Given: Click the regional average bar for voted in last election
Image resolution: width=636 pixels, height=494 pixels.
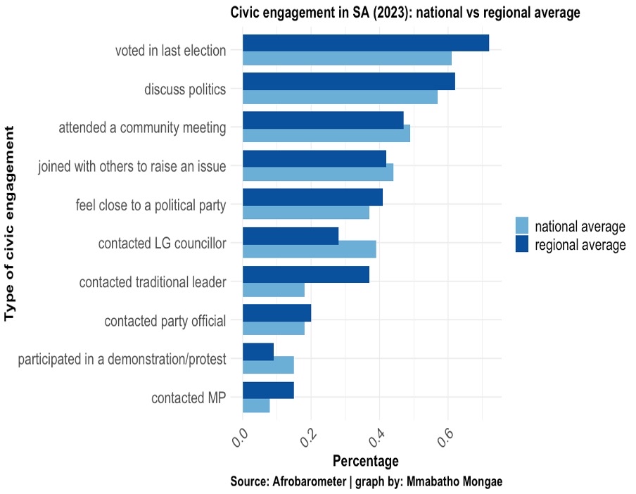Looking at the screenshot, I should pyautogui.click(x=365, y=42).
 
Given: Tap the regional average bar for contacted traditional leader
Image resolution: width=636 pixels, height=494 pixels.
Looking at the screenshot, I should pyautogui.click(x=305, y=274).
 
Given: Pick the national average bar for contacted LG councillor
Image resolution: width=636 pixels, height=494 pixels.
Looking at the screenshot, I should pyautogui.click(x=309, y=249).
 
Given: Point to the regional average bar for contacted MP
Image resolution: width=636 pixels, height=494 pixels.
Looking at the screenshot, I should pyautogui.click(x=268, y=391).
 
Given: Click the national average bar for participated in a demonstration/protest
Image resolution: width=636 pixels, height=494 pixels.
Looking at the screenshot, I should pyautogui.click(x=268, y=365).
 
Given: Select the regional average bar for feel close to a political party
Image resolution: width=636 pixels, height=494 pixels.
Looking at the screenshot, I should pyautogui.click(x=312, y=197).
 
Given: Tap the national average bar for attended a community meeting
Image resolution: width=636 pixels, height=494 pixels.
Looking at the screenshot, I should pyautogui.click(x=326, y=134).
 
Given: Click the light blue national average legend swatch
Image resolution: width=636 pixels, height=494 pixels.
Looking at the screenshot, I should pyautogui.click(x=522, y=226).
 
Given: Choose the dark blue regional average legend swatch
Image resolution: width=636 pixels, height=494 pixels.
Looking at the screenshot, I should pyautogui.click(x=522, y=244).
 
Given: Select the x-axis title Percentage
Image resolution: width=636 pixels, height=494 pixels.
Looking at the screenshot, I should pyautogui.click(x=365, y=462).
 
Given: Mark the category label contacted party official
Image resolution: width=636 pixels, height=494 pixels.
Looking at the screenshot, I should pyautogui.click(x=165, y=321).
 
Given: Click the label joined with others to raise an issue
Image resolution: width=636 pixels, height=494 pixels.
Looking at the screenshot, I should pyautogui.click(x=132, y=167).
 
